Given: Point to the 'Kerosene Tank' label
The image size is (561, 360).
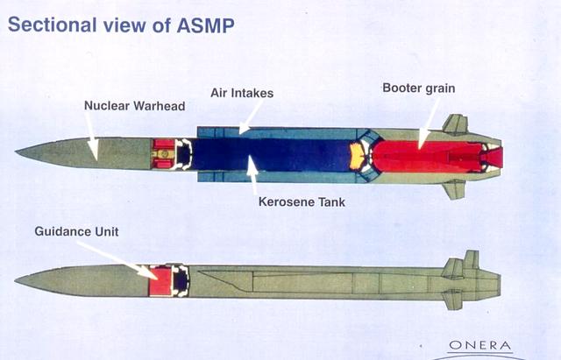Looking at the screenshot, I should [x=302, y=201].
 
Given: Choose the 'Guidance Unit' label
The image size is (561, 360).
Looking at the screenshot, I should [x=76, y=231].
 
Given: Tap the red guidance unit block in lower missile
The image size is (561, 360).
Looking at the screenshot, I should [x=160, y=280].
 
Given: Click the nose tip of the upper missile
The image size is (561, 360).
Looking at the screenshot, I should [x=18, y=153].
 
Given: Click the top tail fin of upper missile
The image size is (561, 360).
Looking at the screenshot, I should [x=456, y=124].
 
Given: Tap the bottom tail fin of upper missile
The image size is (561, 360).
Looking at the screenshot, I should [x=454, y=188].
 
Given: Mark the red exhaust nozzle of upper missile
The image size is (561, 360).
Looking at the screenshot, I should [x=494, y=157].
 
